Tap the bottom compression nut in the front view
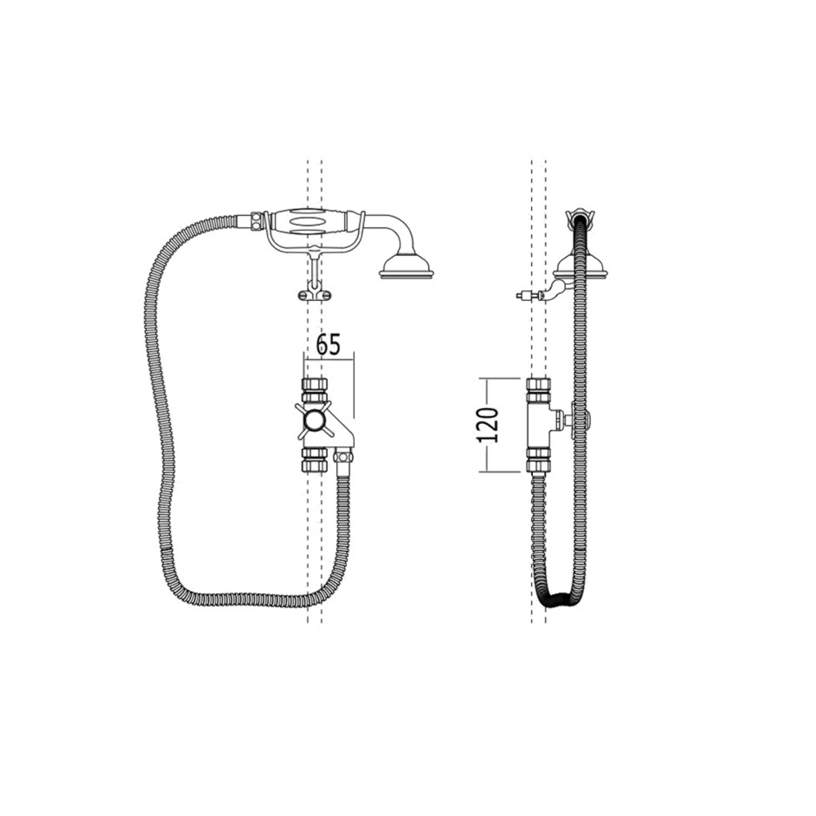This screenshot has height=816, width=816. pos(315,460)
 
